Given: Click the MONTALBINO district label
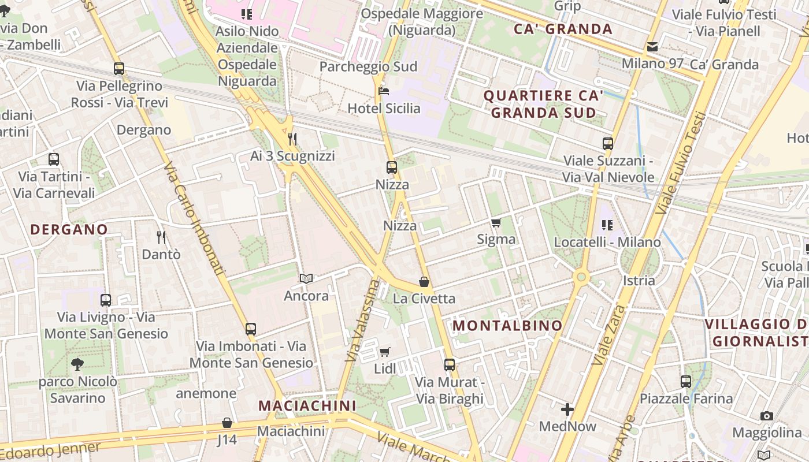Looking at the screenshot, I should (x=507, y=326).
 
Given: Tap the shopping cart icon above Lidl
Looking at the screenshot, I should (x=385, y=352).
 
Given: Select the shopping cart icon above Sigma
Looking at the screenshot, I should (x=496, y=222).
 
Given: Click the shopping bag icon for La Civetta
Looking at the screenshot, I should (x=424, y=282).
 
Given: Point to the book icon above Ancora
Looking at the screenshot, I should (x=306, y=279).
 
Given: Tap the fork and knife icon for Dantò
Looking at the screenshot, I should (x=161, y=237).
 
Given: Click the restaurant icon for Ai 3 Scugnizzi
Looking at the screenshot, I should (x=292, y=139).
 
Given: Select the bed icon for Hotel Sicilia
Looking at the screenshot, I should (x=384, y=91).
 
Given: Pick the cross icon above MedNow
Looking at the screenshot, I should (x=567, y=409).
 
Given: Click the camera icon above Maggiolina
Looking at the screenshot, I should (x=767, y=416).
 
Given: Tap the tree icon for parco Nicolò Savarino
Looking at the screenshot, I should (x=77, y=364).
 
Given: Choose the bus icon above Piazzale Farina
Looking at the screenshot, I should (x=686, y=381).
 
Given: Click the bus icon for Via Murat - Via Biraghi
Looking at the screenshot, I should (x=450, y=365).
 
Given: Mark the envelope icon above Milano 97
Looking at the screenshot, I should (x=652, y=47).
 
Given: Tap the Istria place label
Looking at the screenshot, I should (x=639, y=281).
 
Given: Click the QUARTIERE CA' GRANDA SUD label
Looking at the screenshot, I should (x=543, y=104).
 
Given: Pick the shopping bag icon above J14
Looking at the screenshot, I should (x=227, y=423).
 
